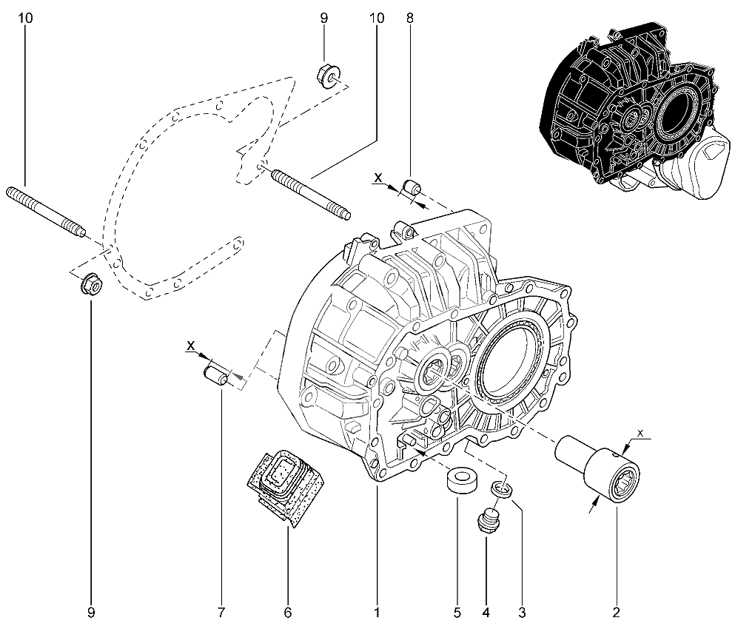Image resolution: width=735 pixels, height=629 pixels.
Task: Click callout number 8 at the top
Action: click(409, 17)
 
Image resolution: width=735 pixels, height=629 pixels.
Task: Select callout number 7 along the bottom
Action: click(221, 612)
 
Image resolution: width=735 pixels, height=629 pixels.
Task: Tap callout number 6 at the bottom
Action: click(288, 612)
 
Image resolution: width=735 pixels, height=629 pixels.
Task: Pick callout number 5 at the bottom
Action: click(457, 612)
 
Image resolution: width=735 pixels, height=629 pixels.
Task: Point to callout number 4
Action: click(486, 612)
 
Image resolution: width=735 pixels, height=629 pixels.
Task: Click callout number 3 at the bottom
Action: click(522, 612)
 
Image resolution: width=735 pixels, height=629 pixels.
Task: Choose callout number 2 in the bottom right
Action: click(616, 612)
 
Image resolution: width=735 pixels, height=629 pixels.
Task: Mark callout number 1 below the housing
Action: click(377, 612)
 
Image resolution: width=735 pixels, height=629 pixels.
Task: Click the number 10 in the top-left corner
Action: click(26, 17)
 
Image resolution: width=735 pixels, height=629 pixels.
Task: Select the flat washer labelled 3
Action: click(502, 488)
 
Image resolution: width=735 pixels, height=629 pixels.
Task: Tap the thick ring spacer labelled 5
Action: click(460, 480)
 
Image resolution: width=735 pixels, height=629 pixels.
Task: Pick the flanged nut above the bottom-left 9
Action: click(90, 283)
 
